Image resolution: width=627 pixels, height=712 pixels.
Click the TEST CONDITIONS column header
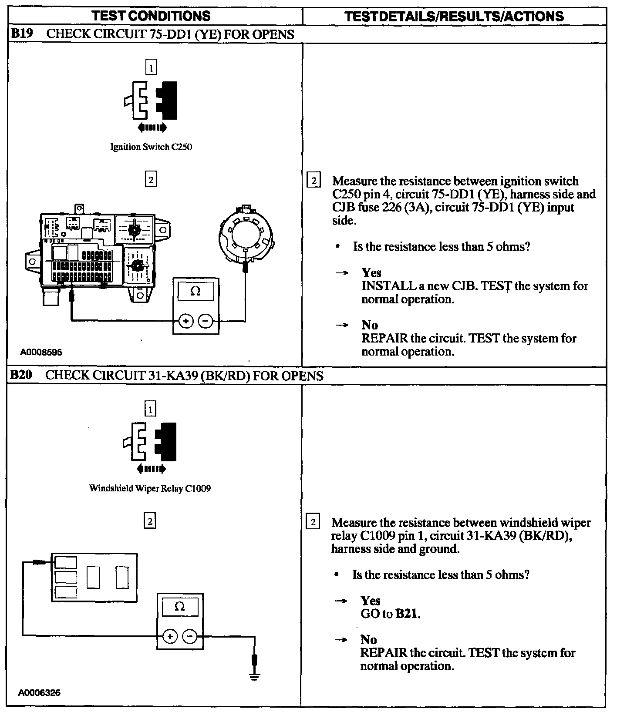151,16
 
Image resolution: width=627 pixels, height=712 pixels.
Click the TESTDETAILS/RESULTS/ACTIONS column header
454,17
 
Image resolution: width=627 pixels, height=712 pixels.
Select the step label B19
21,34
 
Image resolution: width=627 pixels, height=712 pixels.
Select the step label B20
21,375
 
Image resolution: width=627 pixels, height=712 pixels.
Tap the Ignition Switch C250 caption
151,147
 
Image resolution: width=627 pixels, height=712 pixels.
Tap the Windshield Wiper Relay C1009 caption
150,488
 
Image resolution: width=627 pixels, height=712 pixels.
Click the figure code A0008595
41,352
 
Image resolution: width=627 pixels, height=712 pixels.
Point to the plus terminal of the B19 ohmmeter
186,322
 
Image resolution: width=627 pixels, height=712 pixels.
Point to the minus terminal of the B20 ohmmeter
189,636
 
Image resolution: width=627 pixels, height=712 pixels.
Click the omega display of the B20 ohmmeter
179,607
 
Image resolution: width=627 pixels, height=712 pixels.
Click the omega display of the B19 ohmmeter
196,292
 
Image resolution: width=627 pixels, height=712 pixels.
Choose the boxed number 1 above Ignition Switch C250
151,67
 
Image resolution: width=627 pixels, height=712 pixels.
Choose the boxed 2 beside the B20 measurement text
313,522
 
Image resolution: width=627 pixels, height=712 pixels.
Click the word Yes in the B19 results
371,273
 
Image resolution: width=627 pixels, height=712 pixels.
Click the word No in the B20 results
368,639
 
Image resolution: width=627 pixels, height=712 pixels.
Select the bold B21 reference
407,614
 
